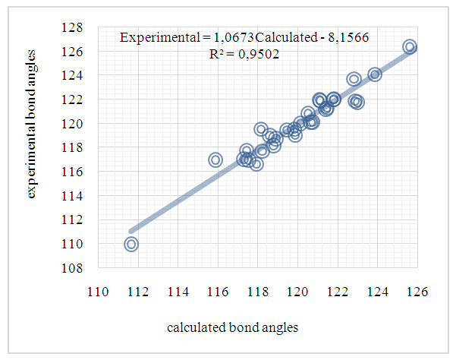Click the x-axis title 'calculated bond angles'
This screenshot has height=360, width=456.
(x=233, y=327)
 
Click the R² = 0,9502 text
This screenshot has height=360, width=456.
(x=244, y=53)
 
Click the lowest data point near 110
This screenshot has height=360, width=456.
(x=131, y=244)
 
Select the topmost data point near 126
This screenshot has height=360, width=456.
(x=410, y=47)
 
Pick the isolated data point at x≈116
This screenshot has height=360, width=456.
(x=215, y=159)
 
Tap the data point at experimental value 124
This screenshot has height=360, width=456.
(x=375, y=74)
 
